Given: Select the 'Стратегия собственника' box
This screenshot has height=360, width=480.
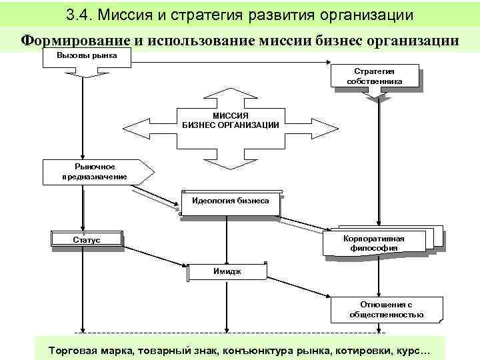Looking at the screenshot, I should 374,76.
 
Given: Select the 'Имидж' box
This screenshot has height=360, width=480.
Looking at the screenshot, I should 227,271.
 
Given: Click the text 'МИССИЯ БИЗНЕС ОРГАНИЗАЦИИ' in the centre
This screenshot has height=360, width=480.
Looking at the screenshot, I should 231,120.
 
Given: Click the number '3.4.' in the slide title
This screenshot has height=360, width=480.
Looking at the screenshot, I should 81,15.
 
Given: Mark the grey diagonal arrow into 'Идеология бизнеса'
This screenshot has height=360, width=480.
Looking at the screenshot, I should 155,200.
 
